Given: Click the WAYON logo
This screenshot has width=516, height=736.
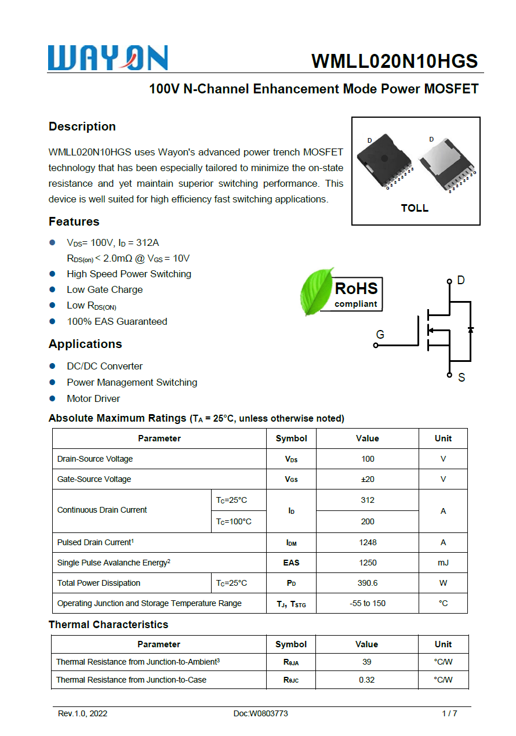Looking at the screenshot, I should pos(108,58).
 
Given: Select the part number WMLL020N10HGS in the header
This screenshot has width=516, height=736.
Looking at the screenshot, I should pos(394,61).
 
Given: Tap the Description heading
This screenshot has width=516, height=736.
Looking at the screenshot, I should pos(82,126).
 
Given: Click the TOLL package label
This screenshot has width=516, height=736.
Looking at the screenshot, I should pos(415,208).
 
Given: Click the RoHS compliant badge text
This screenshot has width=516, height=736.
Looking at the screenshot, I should pos(356,294).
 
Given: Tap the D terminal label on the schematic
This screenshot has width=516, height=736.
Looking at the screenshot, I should pos(461,281).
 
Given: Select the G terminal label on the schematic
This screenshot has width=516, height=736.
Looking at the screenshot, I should pos(380,335).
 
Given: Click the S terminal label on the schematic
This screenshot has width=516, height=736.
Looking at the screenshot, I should pos(462,378).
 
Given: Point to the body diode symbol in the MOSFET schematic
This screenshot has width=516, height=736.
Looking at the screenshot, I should pos(470,329).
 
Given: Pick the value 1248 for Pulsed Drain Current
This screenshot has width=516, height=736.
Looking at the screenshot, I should pos(368,542).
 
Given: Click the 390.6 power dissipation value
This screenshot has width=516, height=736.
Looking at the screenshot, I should pos(368,583).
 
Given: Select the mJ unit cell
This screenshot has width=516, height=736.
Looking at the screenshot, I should pos(443,563).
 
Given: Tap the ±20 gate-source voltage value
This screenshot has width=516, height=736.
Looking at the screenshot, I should pos(368,479).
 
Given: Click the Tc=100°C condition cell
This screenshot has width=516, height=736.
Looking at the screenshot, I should pos(234,521).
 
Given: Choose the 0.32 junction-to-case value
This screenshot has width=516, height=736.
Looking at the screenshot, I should pos(366,680).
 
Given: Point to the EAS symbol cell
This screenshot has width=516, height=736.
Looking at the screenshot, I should pos(291,563).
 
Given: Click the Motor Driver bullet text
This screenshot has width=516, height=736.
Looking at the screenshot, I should pos(93,398).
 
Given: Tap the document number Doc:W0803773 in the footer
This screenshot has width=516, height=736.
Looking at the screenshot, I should pos(260,713).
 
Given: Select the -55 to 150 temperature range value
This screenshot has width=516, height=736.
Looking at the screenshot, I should pos(368,603).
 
